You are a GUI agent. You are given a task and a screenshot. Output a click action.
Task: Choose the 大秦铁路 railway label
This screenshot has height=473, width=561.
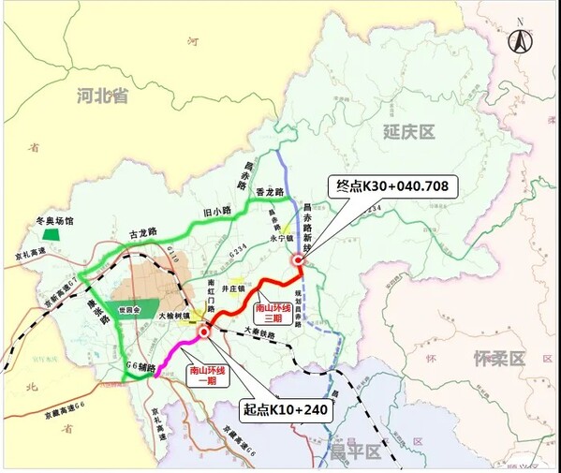click(x=258, y=331)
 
